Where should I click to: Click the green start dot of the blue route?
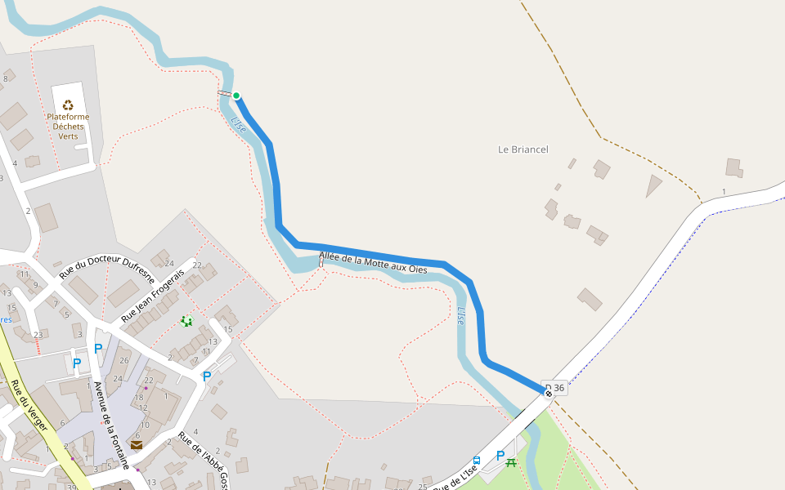coord(236,96)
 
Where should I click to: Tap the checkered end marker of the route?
coord(549,394)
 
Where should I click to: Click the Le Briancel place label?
coord(523,149)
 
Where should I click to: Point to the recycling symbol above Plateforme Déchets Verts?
coord(68,105)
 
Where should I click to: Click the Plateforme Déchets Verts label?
coord(68,127)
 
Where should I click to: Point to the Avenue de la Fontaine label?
coord(111,425)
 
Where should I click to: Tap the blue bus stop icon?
coord(477,461)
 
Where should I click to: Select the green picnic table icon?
coord(511,462)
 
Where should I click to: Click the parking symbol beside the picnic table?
coord(500,456)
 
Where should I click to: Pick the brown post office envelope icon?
coord(136,445)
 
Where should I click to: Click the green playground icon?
coord(186,321)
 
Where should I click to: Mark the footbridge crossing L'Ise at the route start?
coord(224,93)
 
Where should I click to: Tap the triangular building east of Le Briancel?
coord(653,185)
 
